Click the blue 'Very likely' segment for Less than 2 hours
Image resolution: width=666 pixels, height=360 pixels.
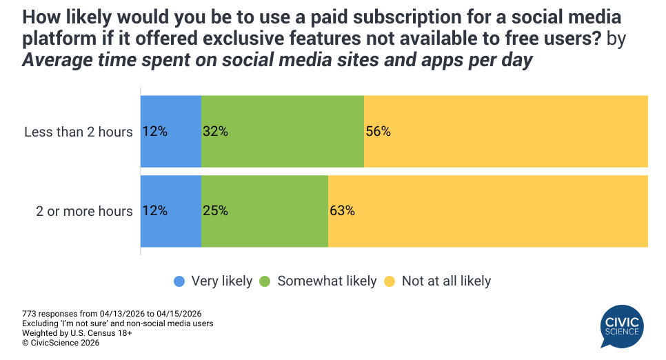pyautogui.click(x=170, y=131)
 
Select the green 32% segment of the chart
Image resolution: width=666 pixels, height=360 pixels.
pyautogui.click(x=282, y=131)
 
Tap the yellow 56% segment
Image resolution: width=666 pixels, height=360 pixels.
pyautogui.click(x=505, y=131)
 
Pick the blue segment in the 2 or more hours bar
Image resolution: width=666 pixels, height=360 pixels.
pyautogui.click(x=170, y=211)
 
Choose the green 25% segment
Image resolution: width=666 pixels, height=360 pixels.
pyautogui.click(x=264, y=211)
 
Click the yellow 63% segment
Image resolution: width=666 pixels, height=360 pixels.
pyautogui.click(x=487, y=211)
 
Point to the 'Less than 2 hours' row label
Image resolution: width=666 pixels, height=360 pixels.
pyautogui.click(x=78, y=131)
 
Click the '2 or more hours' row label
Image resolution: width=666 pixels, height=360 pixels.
pyautogui.click(x=84, y=211)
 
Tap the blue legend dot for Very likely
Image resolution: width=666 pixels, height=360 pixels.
pyautogui.click(x=180, y=281)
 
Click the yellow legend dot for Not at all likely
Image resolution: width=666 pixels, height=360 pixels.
pyautogui.click(x=390, y=281)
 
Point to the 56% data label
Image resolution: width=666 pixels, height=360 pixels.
pyautogui.click(x=378, y=131)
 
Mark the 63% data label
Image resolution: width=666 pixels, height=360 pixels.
pyautogui.click(x=342, y=211)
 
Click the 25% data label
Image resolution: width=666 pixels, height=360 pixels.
pyautogui.click(x=215, y=211)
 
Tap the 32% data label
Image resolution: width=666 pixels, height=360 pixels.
pyautogui.click(x=215, y=131)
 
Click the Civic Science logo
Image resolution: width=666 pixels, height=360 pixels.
pyautogui.click(x=623, y=326)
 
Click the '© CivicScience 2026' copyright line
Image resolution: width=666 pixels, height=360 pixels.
pyautogui.click(x=61, y=343)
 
